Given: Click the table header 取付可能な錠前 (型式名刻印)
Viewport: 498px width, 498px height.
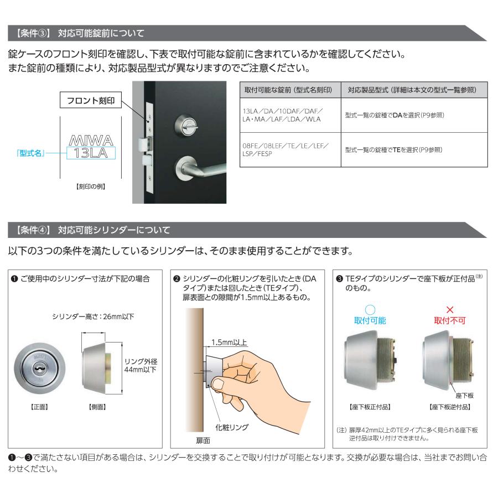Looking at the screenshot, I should [288, 90].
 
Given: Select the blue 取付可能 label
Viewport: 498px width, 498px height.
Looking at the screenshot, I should [370, 320].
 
